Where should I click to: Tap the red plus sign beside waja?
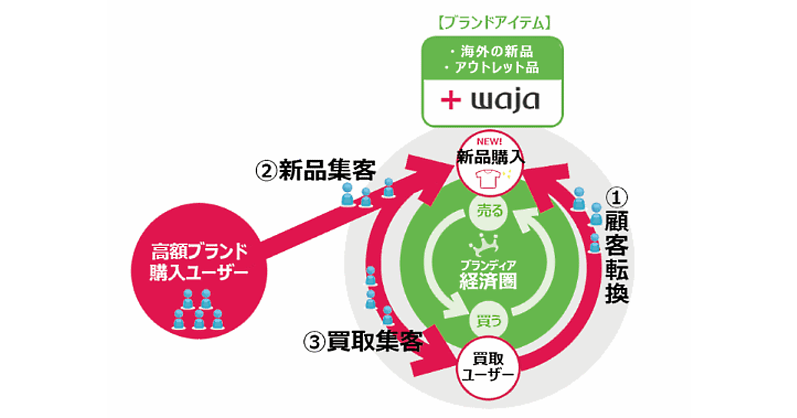pos(451,100)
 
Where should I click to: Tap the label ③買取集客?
pos(363,341)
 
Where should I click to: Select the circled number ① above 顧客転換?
pos(617,196)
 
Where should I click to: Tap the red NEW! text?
pos(490,141)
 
